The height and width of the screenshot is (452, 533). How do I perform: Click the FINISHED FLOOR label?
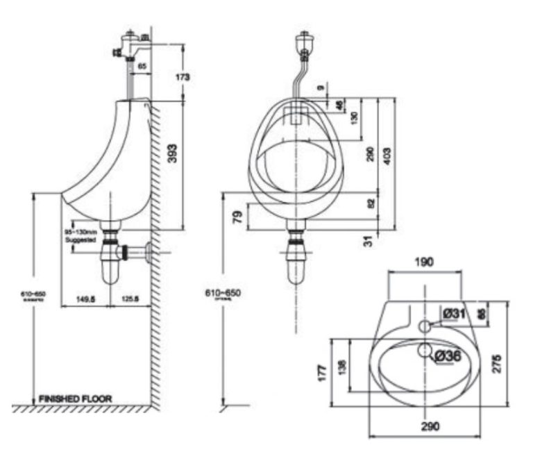[75, 399]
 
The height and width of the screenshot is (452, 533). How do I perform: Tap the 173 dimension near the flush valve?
[182, 77]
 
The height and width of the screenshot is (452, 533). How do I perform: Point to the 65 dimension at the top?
[142, 66]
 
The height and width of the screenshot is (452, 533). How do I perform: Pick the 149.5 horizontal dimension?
[85, 299]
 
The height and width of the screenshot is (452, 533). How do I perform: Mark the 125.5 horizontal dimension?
[130, 299]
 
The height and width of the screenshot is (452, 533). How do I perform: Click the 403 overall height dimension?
[387, 154]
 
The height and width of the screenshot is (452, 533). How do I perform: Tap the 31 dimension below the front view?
[369, 240]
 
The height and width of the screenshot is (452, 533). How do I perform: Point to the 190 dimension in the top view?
[424, 262]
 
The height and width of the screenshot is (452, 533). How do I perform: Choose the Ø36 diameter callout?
[448, 355]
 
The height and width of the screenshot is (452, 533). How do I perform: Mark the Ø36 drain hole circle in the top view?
[424, 351]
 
